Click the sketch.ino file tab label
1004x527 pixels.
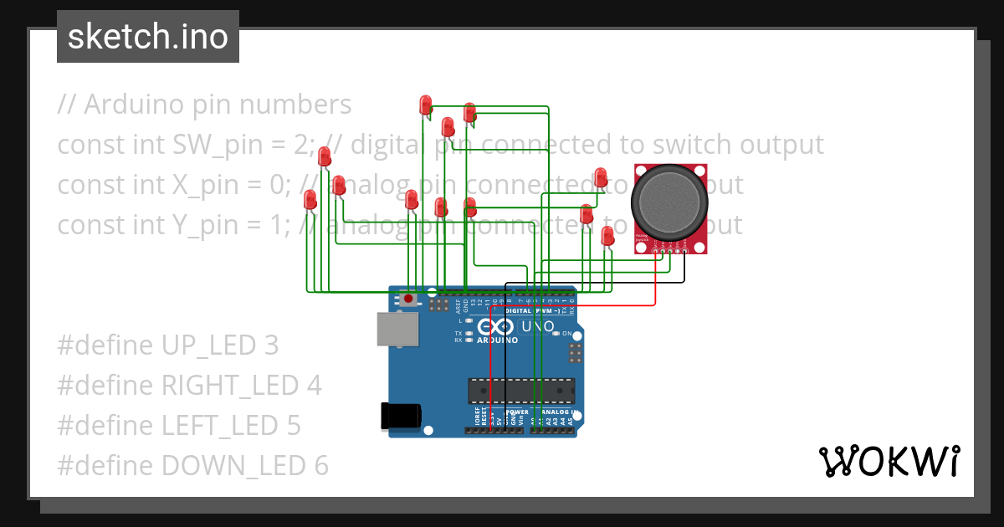click(147, 37)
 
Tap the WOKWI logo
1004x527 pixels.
click(889, 461)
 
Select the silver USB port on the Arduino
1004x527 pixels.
click(397, 330)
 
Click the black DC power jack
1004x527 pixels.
click(400, 417)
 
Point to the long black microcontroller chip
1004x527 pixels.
click(521, 391)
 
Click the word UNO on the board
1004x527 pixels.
click(539, 326)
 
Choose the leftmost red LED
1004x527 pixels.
click(310, 200)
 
